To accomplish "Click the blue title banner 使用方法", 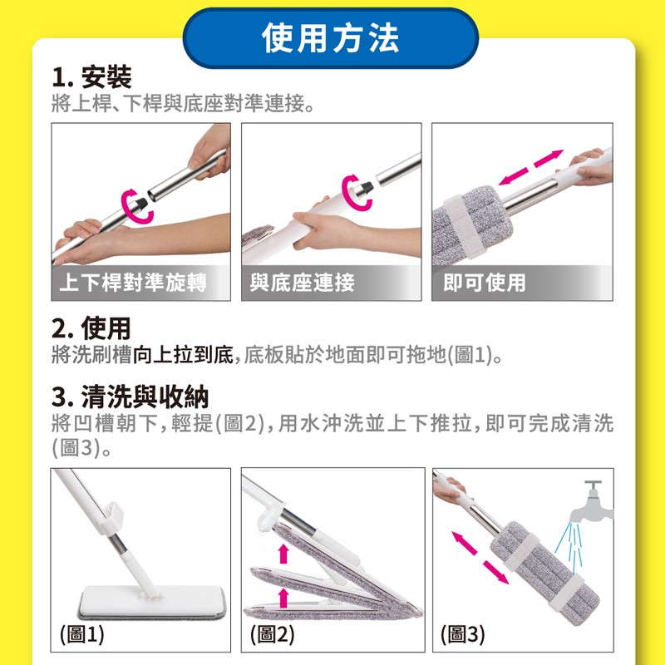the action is tap(331, 38).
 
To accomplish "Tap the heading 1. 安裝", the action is tap(91, 76).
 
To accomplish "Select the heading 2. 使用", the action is tap(91, 328).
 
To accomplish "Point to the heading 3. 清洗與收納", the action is tap(131, 397).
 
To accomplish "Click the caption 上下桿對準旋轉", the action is tap(133, 283).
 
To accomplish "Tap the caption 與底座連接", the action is tap(302, 283).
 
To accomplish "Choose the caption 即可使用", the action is tap(485, 283).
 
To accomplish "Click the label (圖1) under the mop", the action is tap(81, 634).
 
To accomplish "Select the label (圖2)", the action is tap(273, 634).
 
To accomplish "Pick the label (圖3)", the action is tap(463, 634).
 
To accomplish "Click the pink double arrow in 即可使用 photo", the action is tap(530, 167).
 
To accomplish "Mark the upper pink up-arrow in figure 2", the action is tap(283, 554).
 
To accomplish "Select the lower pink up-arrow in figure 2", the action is tap(283, 598).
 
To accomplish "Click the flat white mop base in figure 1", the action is tap(152, 601).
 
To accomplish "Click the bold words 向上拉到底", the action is tap(183, 355).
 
